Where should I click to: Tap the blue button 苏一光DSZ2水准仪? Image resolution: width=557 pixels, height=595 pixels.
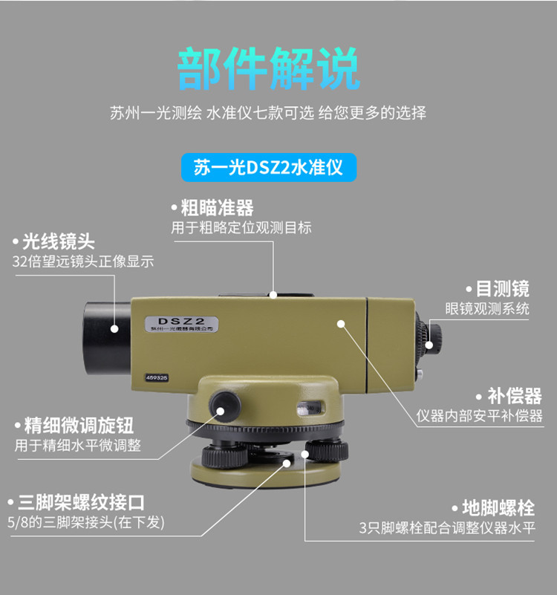tap(269, 168)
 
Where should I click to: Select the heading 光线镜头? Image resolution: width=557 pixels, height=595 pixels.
tap(59, 241)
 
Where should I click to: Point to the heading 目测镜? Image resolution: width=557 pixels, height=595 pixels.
tap(502, 289)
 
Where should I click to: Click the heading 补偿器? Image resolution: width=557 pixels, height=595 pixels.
tap(514, 396)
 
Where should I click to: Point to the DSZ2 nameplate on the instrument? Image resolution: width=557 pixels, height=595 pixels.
tap(182, 321)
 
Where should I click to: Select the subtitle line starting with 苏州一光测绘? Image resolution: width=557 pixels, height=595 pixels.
tap(268, 114)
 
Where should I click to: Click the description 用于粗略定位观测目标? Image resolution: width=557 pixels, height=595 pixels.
tap(241, 228)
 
